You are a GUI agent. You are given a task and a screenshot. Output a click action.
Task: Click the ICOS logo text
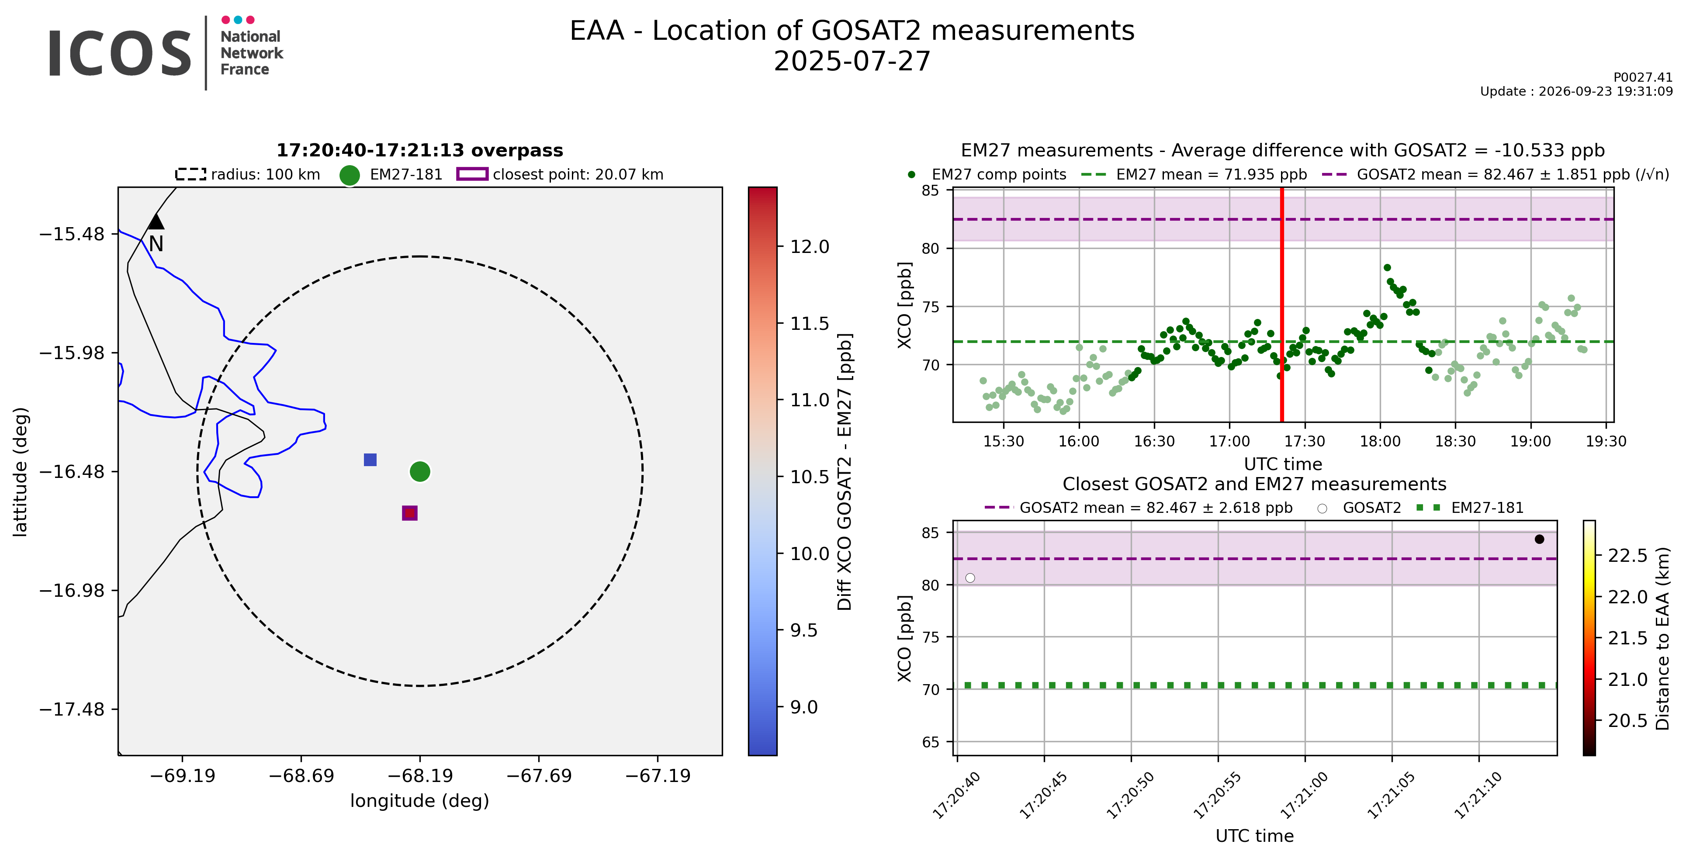pos(120,53)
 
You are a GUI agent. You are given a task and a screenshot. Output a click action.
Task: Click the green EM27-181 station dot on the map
pos(419,471)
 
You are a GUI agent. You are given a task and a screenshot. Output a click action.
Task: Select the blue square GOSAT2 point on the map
pos(370,460)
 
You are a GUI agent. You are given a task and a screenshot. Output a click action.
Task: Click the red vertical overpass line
pos(1281,305)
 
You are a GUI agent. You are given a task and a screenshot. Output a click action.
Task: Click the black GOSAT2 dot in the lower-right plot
pos(1539,539)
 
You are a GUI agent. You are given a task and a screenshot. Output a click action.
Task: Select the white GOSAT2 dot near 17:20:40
pos(970,578)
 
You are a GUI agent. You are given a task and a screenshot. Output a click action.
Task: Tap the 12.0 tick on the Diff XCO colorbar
pos(810,247)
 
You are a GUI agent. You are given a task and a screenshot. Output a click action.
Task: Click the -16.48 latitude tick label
pos(72,471)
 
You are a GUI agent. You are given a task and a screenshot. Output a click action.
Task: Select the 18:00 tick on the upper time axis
pos(1380,441)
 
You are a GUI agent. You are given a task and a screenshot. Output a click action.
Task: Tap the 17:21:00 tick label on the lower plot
pos(1305,795)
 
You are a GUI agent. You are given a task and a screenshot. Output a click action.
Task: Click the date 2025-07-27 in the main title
pos(852,62)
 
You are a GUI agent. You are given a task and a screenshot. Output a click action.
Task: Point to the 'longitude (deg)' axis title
pos(419,801)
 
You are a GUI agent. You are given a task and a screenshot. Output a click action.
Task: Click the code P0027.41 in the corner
pos(1643,77)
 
